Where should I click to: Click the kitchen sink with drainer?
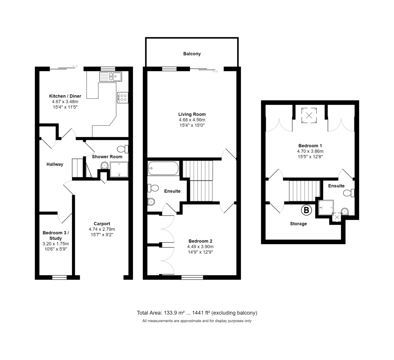click(x=111, y=76)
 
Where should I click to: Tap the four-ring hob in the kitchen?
click(x=123, y=97)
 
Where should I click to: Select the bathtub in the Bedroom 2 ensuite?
click(x=164, y=168)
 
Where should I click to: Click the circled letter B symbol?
click(x=306, y=210)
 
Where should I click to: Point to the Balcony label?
click(x=192, y=54)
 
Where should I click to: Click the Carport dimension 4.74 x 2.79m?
click(x=102, y=229)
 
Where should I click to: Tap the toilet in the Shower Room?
click(x=123, y=149)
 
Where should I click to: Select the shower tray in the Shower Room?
click(x=119, y=169)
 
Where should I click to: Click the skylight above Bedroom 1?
click(x=309, y=116)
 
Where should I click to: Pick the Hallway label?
click(x=55, y=164)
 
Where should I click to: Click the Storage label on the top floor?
click(x=298, y=224)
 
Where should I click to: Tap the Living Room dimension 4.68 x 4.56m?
click(x=192, y=120)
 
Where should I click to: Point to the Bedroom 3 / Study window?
click(x=59, y=277)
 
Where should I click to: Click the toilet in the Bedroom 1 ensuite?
click(x=349, y=193)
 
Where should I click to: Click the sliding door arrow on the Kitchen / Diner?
click(x=75, y=66)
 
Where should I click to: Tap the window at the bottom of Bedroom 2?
click(x=192, y=277)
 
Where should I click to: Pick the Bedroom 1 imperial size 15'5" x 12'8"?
click(x=310, y=157)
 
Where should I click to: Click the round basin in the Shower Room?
click(x=104, y=166)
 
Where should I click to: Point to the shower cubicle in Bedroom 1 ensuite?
click(x=326, y=207)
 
